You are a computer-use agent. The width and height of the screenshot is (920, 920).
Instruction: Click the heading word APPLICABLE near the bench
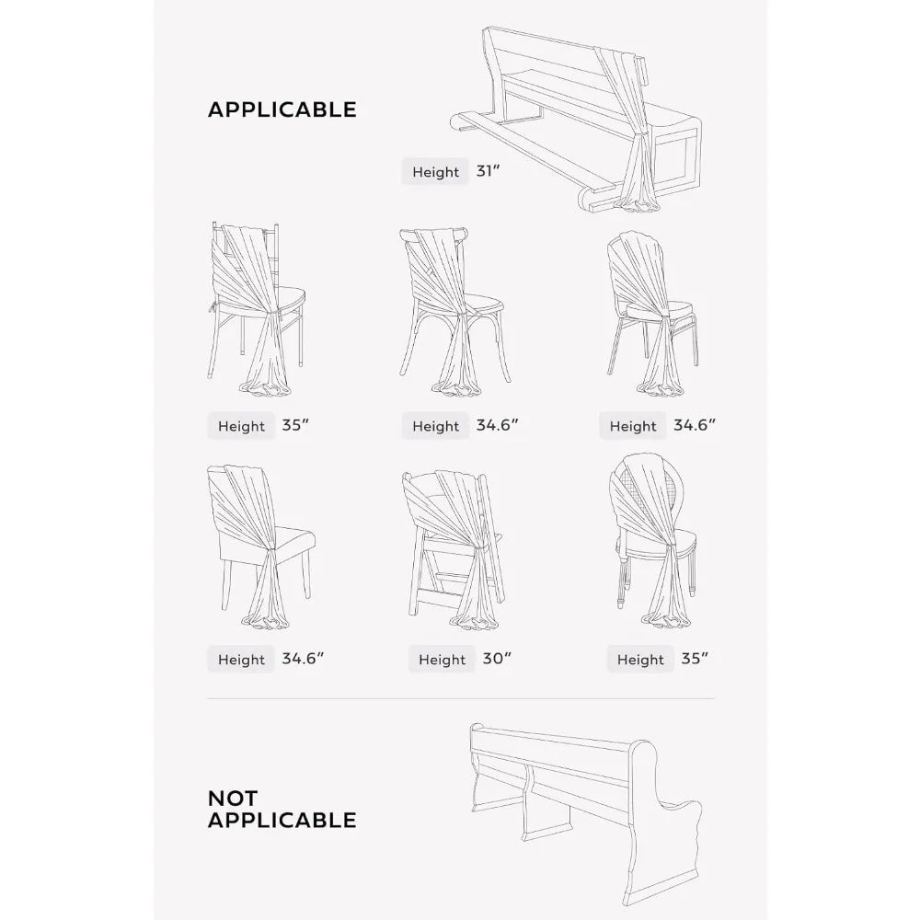(282, 109)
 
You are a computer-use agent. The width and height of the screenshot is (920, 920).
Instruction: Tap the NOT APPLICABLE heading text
(282, 809)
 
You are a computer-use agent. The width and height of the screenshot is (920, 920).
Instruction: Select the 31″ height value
(488, 171)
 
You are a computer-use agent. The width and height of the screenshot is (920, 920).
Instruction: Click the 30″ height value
(497, 659)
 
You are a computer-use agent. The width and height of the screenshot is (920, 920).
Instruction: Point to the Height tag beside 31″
(435, 172)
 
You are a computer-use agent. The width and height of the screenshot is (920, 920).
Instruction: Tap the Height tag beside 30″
(442, 660)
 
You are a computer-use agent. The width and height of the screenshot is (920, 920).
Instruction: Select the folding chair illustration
(453, 550)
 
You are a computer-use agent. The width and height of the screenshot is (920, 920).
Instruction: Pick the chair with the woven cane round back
(654, 540)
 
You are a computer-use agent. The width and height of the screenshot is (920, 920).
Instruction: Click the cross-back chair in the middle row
(453, 311)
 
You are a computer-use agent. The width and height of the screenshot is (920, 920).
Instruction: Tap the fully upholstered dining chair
(261, 546)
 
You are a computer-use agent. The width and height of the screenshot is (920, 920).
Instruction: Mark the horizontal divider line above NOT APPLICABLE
(461, 699)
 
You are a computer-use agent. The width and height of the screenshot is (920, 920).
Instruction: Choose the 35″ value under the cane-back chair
(695, 659)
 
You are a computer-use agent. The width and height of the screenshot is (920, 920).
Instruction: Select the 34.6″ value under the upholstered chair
(303, 659)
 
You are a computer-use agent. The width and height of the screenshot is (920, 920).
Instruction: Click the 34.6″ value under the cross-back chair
(497, 425)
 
